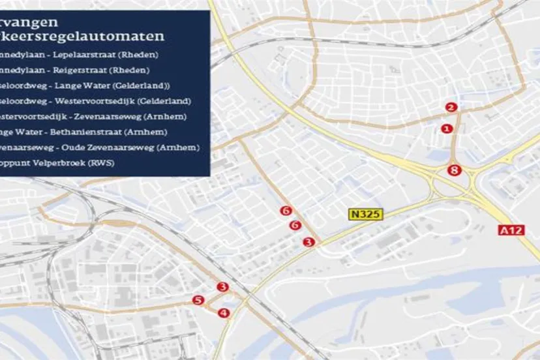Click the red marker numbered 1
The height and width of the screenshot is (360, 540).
coord(447,129)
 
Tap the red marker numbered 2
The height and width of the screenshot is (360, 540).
coord(451,108)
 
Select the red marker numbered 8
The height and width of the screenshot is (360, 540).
coord(455,171)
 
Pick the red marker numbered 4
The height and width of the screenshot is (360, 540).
coord(224,313)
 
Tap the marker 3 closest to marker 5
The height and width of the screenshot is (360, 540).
coord(223,287)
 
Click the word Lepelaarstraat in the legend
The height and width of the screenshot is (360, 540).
coord(78,55)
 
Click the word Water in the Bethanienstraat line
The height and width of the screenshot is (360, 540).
coord(34,132)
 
